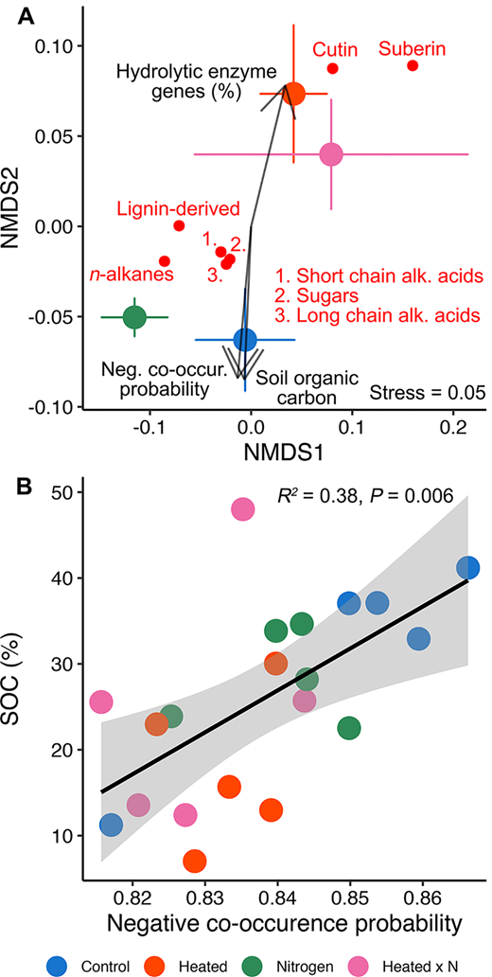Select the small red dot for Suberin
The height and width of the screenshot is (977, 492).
click(x=413, y=65)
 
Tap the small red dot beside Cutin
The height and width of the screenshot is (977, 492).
click(x=333, y=68)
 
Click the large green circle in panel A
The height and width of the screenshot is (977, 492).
click(x=134, y=317)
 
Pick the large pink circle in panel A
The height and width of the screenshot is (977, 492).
click(x=331, y=154)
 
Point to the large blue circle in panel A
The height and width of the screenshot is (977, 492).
click(x=245, y=340)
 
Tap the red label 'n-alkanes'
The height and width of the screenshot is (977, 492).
click(x=132, y=275)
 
